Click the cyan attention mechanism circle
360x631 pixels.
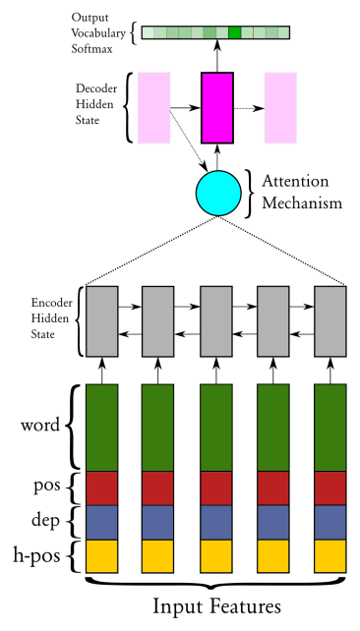tap(218, 192)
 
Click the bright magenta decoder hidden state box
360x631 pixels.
tap(217, 107)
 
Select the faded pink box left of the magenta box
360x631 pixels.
tap(154, 107)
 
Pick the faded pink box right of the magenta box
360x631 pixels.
tap(280, 107)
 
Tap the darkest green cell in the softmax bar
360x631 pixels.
tap(234, 33)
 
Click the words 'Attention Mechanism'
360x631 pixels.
tap(301, 193)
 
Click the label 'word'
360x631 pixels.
tap(40, 427)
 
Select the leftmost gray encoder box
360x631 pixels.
tap(102, 320)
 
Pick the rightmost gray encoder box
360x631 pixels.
tap(330, 320)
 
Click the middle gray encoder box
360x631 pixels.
tap(216, 320)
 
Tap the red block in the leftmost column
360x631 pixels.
tap(102, 488)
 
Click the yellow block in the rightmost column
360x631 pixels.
tap(330, 555)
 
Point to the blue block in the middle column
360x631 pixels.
tap(216, 521)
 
